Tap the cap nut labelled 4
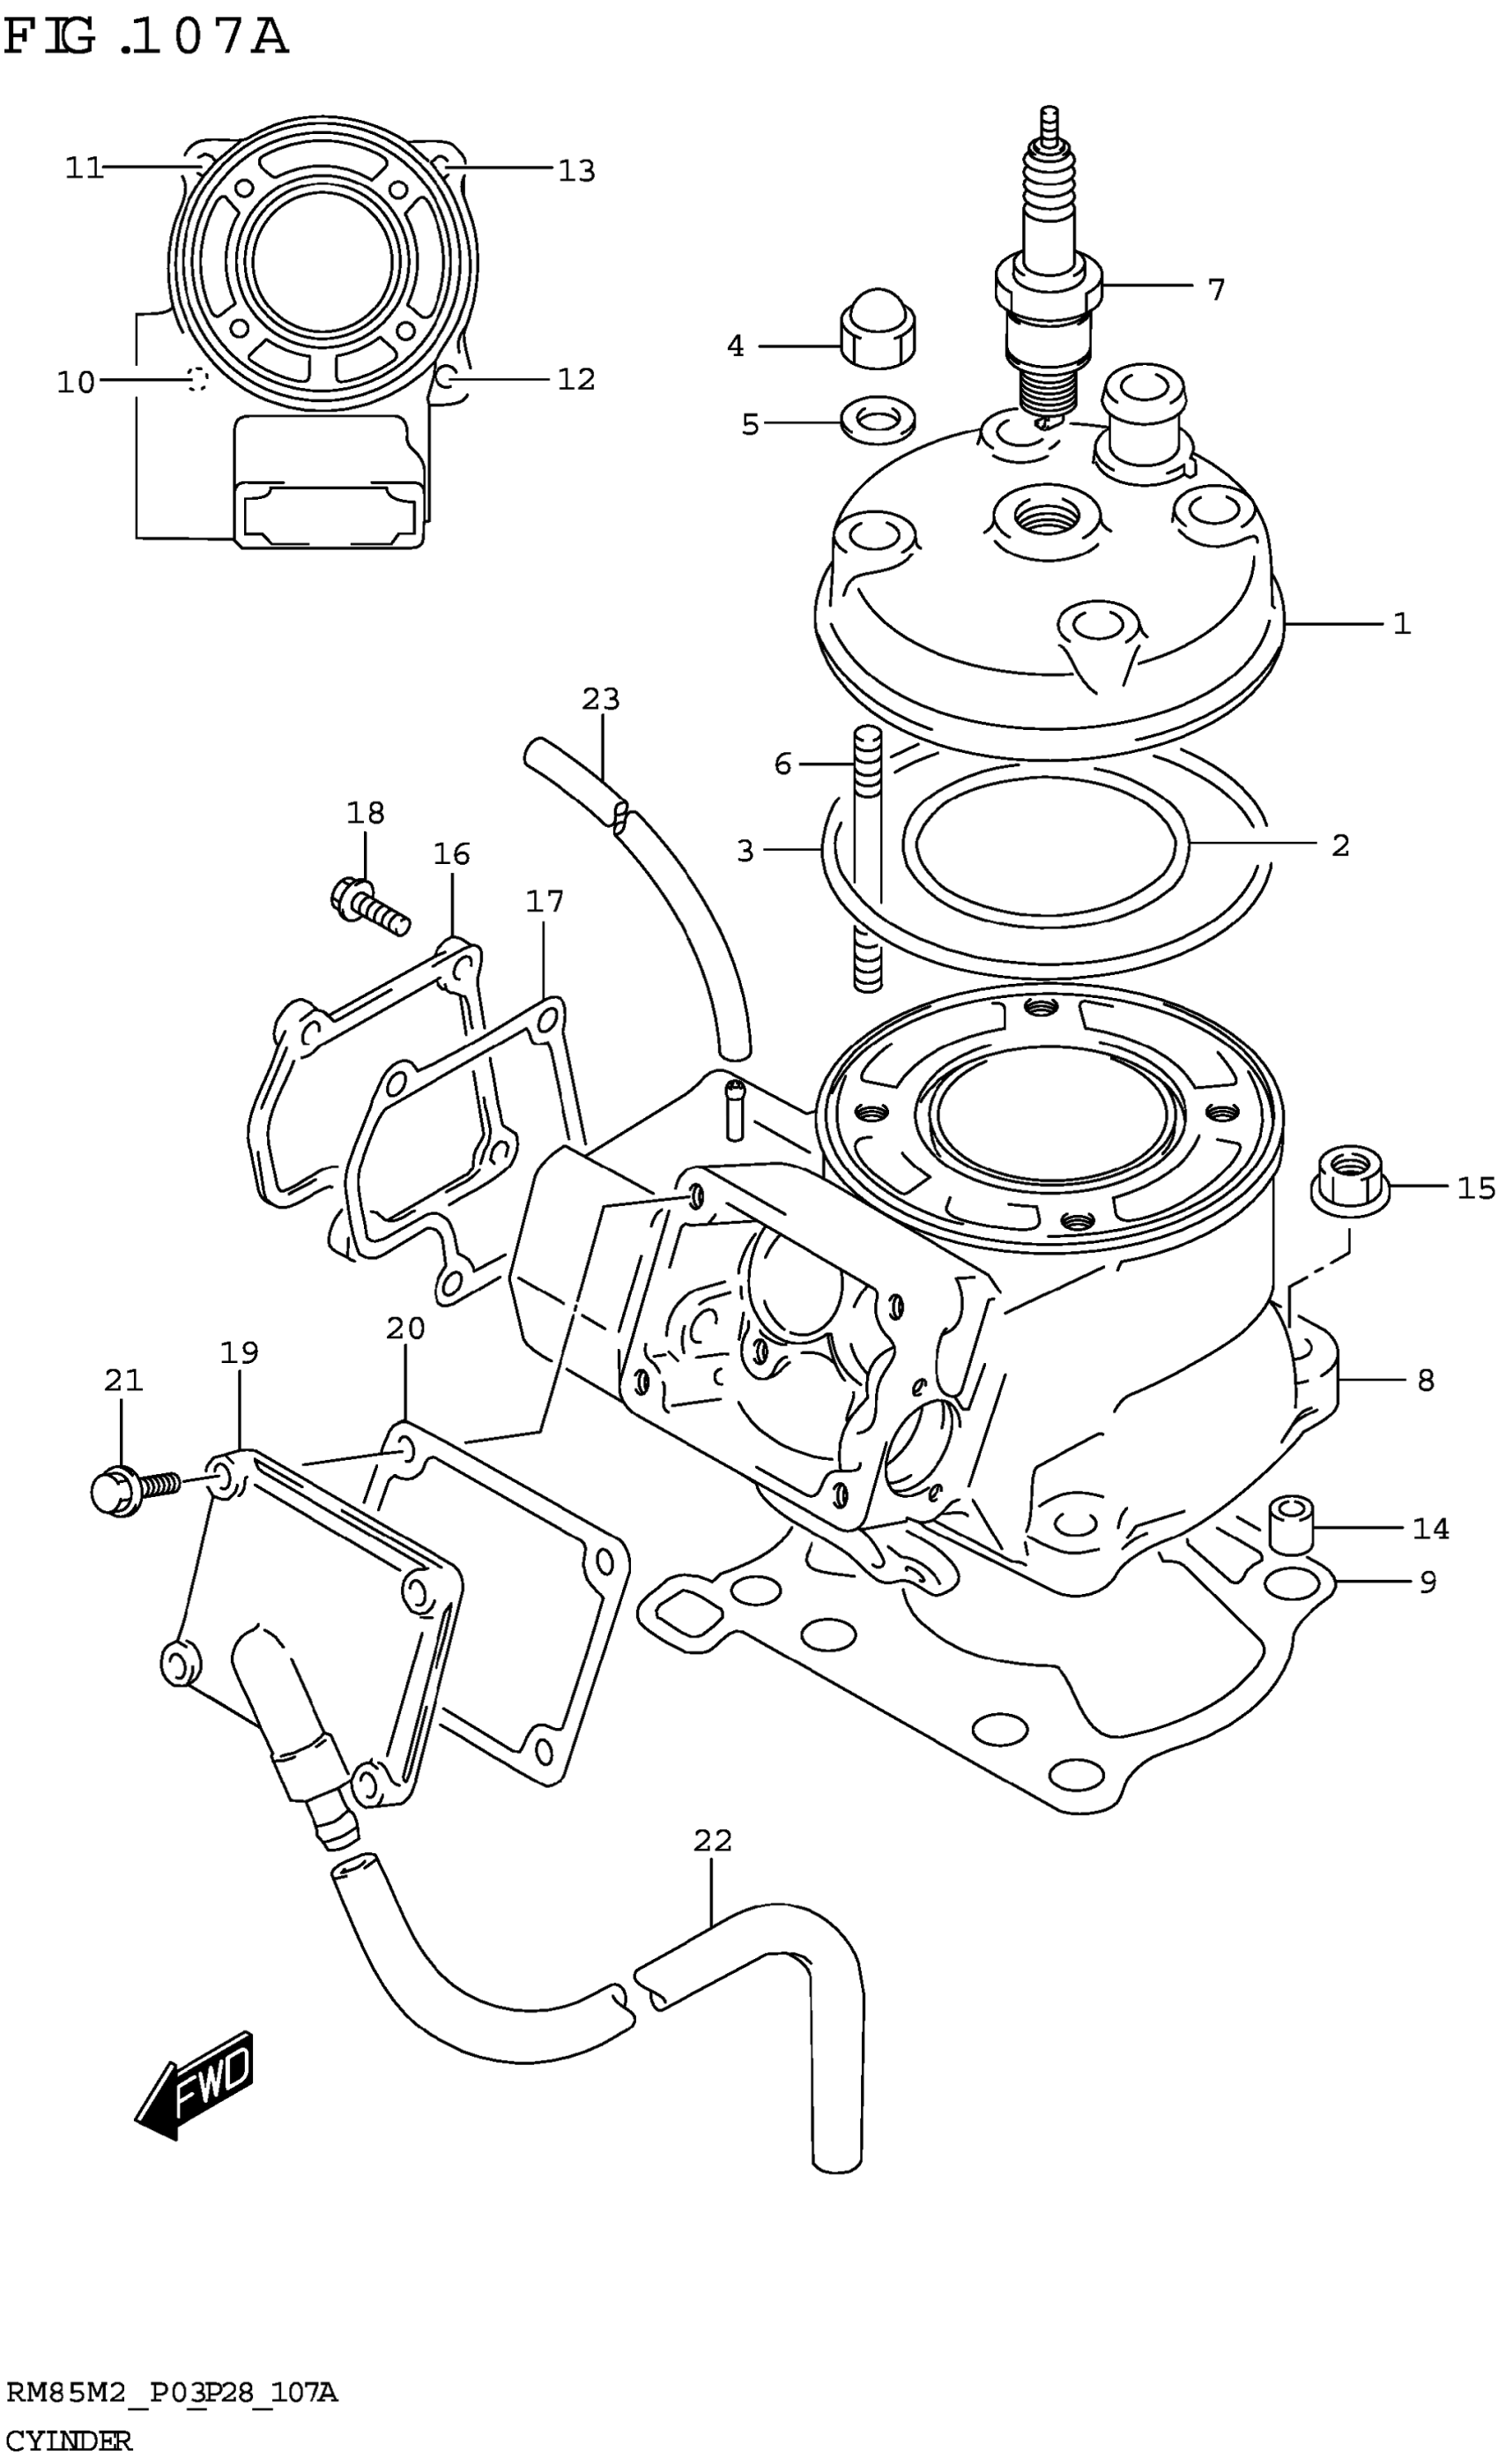[x=877, y=329]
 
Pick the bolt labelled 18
[x=368, y=903]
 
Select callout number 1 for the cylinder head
[x=1401, y=624]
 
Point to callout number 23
[x=600, y=699]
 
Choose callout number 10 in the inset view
[x=75, y=381]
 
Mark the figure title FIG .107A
[x=145, y=37]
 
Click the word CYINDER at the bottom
[x=68, y=2441]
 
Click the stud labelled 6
[x=867, y=858]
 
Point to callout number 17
[x=545, y=902]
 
